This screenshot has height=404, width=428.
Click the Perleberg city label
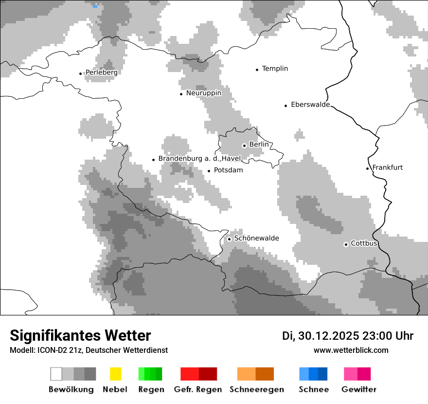point(101,73)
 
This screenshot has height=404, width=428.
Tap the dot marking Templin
point(257,70)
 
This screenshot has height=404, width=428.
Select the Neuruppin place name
point(203,93)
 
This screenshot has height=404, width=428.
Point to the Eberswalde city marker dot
point(286,106)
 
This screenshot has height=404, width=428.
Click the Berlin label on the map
point(259,145)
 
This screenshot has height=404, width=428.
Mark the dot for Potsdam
point(209,171)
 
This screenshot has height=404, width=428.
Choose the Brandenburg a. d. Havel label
point(199,159)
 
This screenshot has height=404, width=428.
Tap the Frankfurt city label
point(387,167)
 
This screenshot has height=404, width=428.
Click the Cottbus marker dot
point(346,244)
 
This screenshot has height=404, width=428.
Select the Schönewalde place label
point(256,239)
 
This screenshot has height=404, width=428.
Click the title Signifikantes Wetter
point(80,335)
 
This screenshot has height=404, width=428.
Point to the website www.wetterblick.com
point(351,350)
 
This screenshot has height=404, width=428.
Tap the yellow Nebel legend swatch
point(116,374)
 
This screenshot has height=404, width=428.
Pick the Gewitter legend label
point(358,389)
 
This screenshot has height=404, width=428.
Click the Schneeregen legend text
point(256,389)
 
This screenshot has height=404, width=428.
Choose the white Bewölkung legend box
point(56,374)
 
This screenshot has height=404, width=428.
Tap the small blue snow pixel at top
point(95,6)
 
